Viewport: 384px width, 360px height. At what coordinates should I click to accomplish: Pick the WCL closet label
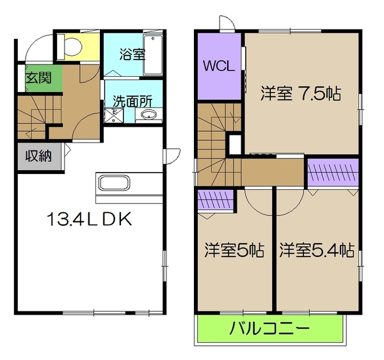219,67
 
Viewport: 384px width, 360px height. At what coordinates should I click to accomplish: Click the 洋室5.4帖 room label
316,249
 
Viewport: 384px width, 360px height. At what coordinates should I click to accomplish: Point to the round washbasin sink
149,116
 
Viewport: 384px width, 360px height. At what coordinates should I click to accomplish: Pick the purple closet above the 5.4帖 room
331,173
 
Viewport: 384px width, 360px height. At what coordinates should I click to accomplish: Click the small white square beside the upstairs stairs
234,141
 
